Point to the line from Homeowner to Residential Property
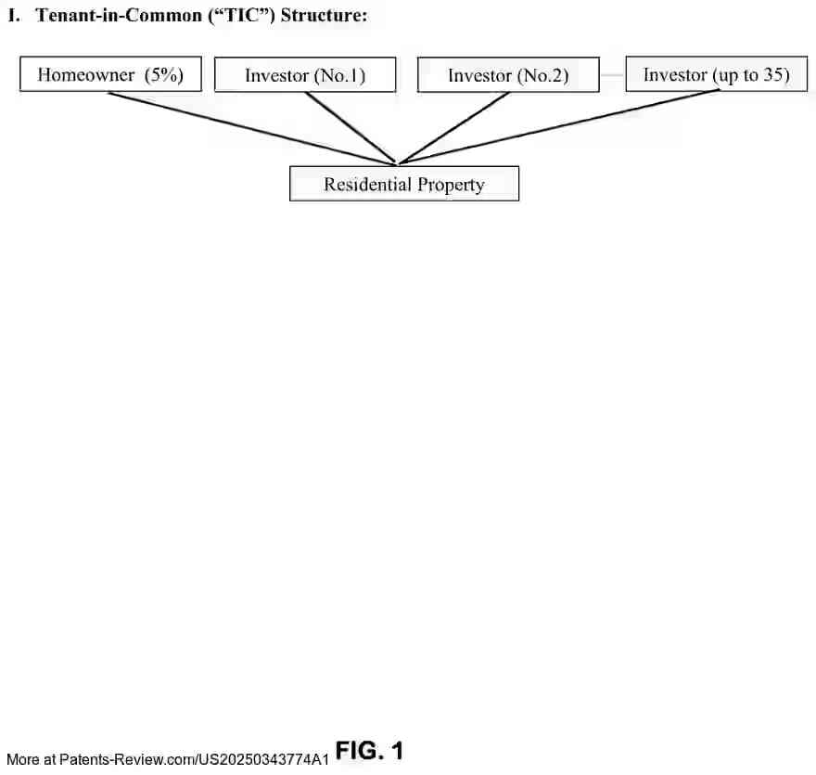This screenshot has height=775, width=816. coord(252,128)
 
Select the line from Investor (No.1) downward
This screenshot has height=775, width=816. coord(351,128)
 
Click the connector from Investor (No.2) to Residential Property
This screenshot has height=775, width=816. coord(453,128)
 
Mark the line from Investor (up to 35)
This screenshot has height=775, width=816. coord(559,127)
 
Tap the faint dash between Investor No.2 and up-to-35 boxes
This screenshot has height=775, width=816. coord(613,75)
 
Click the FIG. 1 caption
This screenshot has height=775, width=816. coord(369,751)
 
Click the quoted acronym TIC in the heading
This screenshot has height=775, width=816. coord(241,15)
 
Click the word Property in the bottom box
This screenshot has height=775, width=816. coord(451,185)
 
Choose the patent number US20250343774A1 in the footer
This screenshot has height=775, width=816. coord(263,759)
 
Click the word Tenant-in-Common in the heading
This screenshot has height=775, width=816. coord(119,15)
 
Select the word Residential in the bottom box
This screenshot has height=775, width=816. coord(367,184)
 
